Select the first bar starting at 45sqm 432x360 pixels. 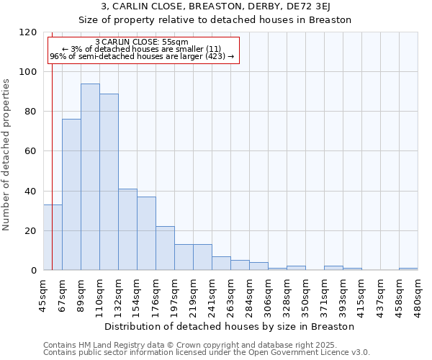tap(53, 238)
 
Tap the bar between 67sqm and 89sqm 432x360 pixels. tap(71, 194)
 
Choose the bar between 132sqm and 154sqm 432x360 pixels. tap(127, 230)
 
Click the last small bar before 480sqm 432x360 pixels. tap(408, 269)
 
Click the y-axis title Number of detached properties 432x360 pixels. tap(7, 154)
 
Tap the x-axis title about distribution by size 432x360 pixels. tap(229, 326)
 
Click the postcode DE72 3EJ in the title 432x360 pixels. tap(322, 6)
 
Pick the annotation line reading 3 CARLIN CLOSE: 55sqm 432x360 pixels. tap(142, 42)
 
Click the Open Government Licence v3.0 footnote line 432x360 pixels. tap(207, 353)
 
